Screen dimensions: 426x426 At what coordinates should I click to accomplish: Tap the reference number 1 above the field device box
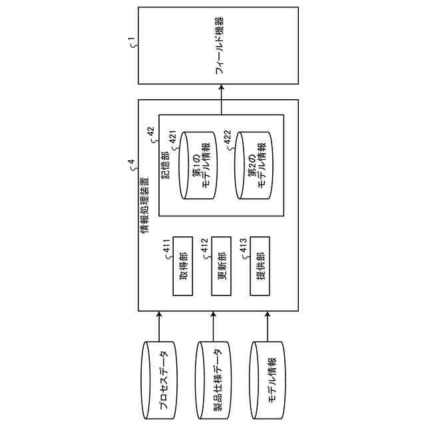click(132, 45)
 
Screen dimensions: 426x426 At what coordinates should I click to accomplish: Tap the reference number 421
click(173, 141)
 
